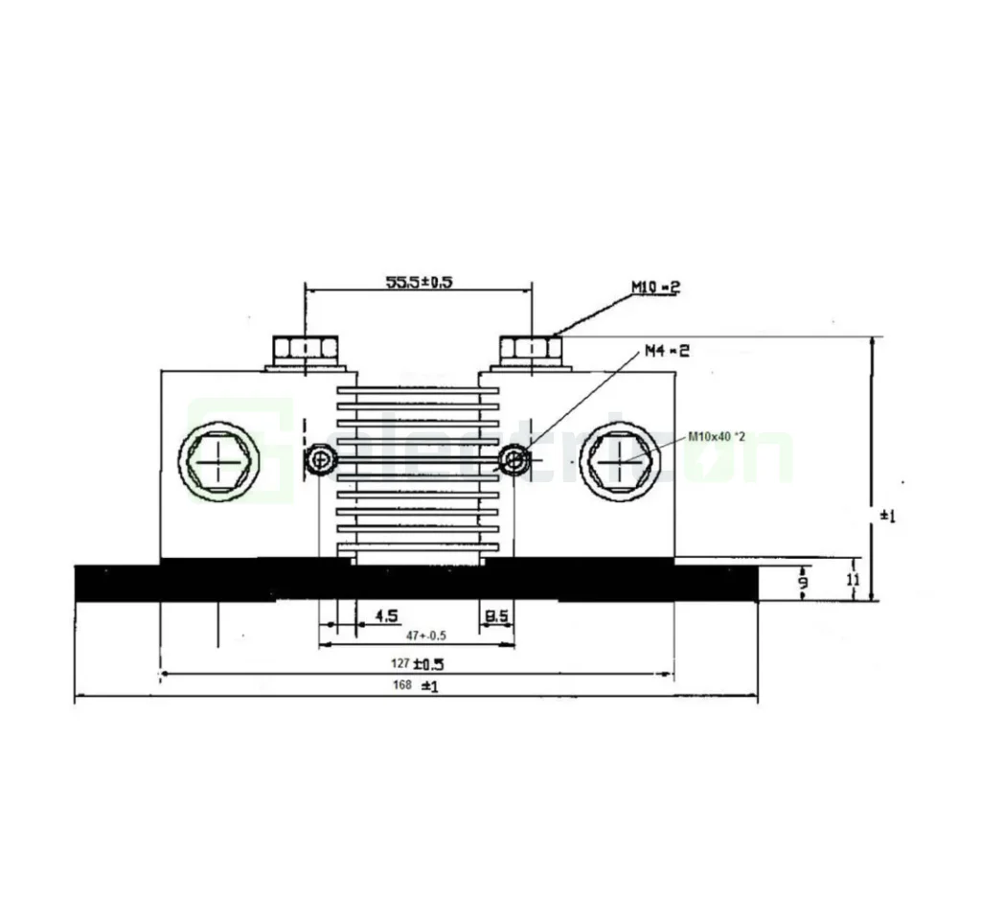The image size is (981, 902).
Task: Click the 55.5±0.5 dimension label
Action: (419, 282)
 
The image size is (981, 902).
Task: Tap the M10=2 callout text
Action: (655, 287)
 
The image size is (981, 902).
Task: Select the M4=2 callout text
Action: (666, 351)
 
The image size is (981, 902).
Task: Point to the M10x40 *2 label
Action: (718, 437)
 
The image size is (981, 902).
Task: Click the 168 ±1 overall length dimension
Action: (415, 685)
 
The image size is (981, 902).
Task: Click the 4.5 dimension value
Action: (387, 615)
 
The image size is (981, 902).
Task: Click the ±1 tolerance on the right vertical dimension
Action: (886, 516)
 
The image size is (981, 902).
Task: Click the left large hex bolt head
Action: (219, 465)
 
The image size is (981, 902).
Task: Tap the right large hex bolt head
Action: (620, 465)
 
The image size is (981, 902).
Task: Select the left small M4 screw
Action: (320, 462)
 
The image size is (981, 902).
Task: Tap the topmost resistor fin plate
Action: (418, 390)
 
